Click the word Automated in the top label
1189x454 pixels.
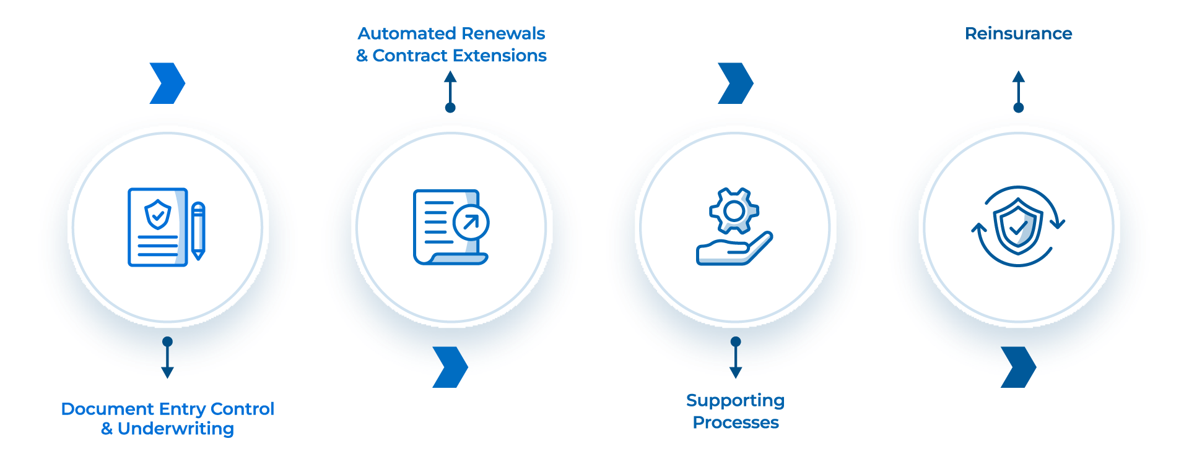[407, 33]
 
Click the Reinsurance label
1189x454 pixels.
[1018, 33]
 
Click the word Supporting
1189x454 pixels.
[735, 401]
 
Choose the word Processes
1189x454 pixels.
[735, 422]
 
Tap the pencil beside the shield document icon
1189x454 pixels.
[198, 230]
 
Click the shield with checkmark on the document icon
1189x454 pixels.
[158, 214]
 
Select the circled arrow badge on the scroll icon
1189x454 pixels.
[471, 223]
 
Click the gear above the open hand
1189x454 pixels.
[734, 211]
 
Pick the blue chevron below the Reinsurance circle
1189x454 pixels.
[1018, 367]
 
